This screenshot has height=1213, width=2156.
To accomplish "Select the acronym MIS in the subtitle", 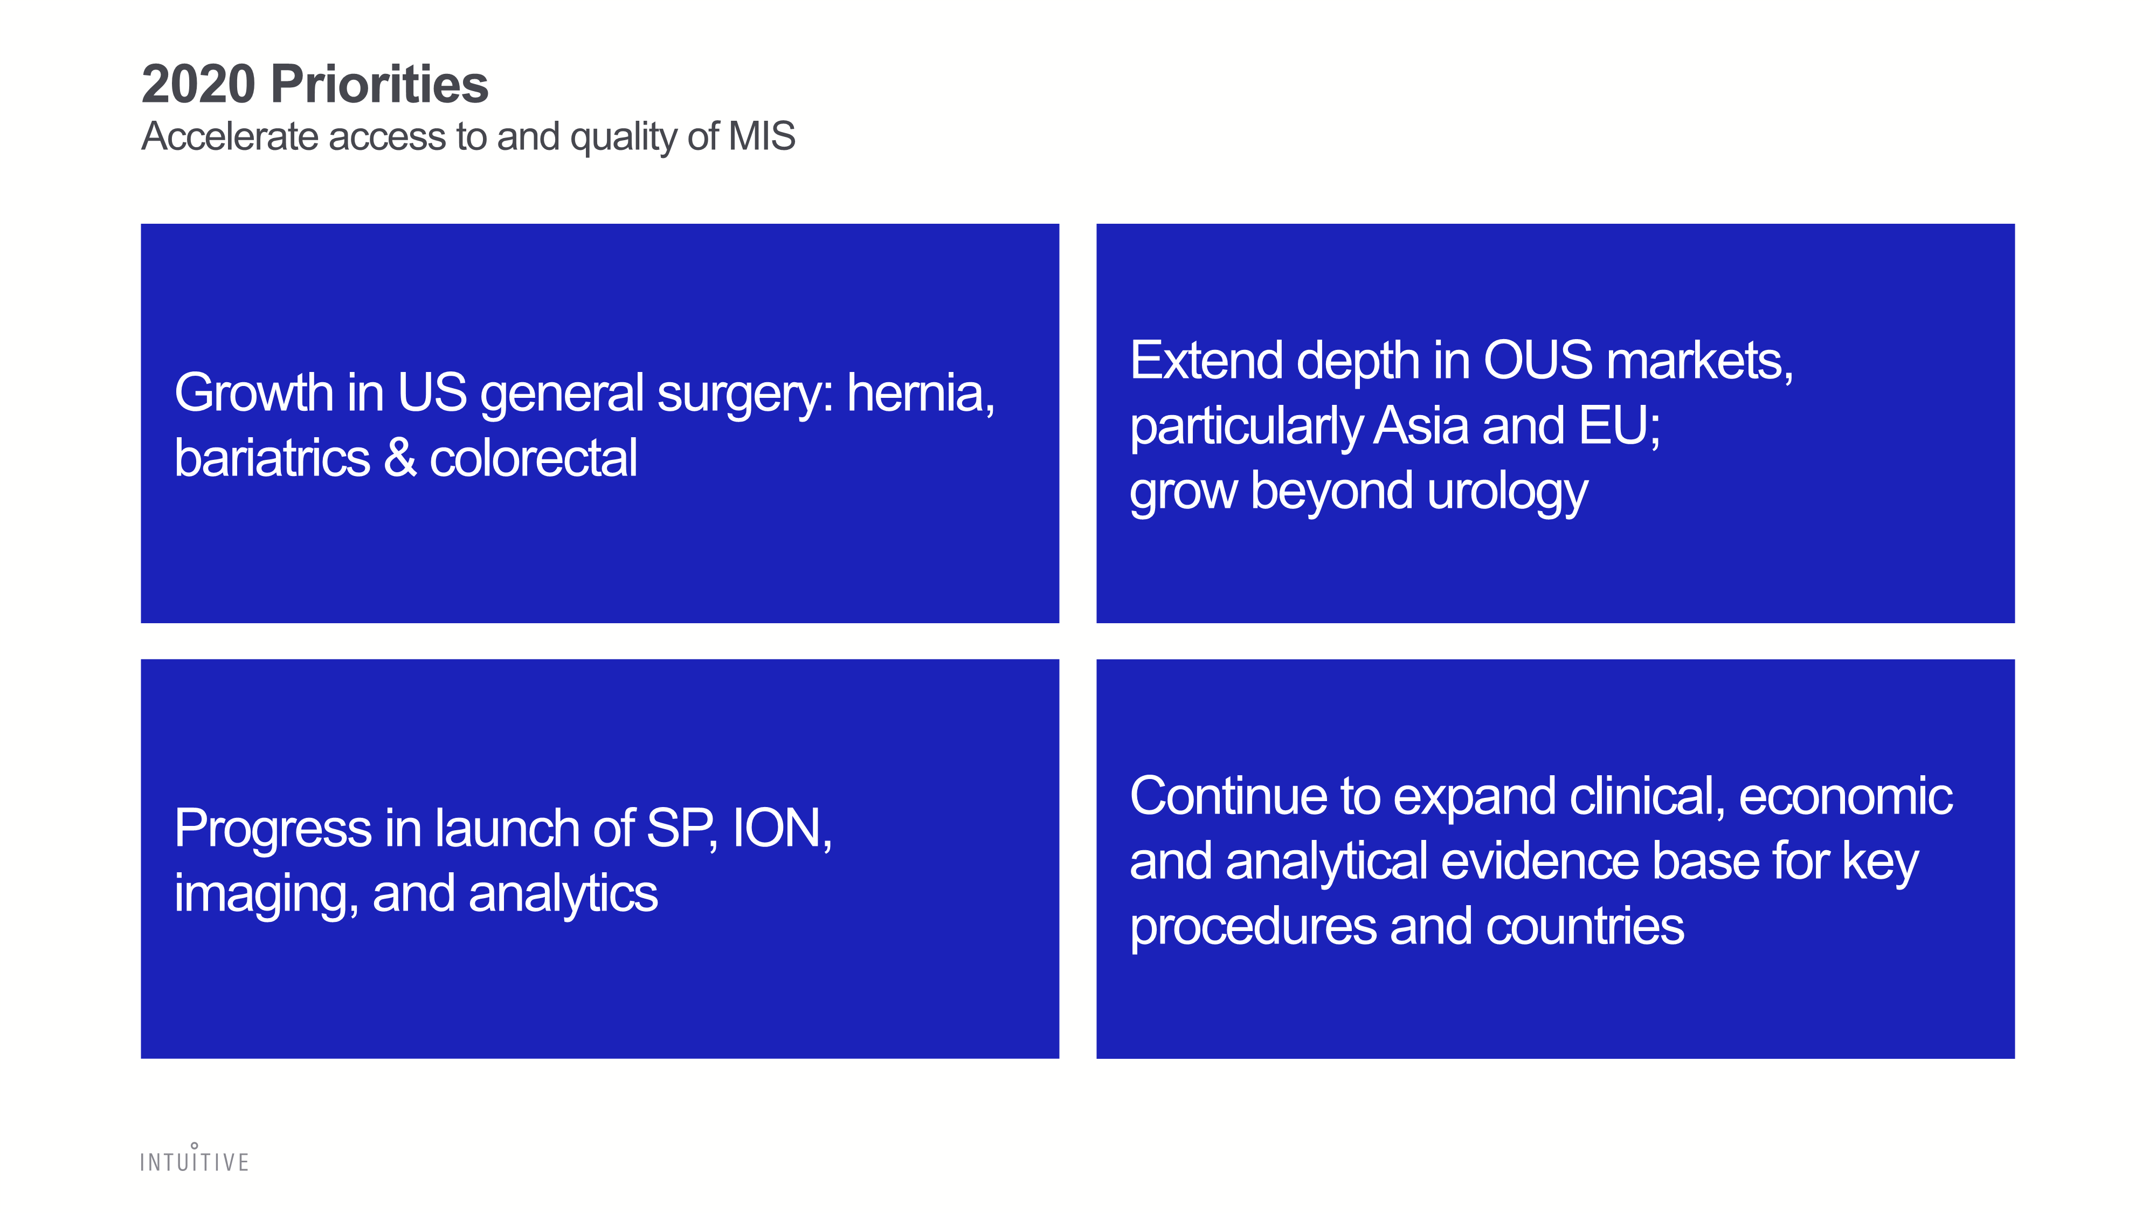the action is pyautogui.click(x=762, y=136).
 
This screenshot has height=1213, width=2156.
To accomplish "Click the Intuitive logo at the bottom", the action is pyautogui.click(x=194, y=1158).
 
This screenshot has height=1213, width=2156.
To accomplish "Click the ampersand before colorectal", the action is pyautogui.click(x=400, y=459).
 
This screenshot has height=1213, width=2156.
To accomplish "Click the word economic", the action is pyautogui.click(x=1846, y=796).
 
